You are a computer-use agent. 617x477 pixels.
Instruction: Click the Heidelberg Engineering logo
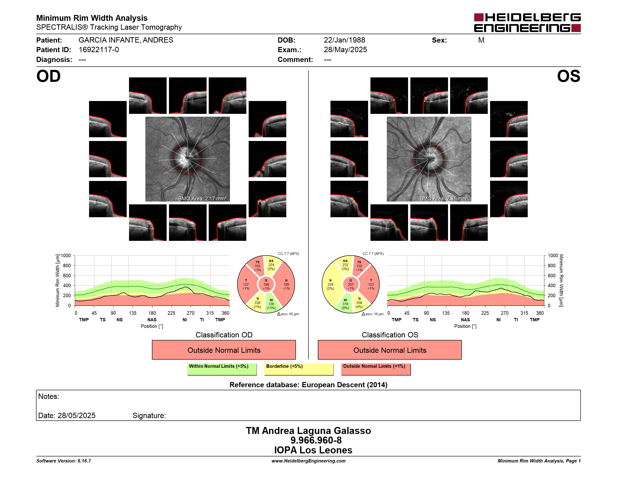527,23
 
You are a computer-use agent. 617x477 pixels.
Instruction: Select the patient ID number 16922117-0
99,50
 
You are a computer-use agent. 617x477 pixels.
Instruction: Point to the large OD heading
48,76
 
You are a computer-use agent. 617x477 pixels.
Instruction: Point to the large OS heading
568,76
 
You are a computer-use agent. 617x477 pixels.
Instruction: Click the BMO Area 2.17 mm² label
202,199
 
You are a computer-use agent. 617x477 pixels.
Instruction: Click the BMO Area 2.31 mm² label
444,199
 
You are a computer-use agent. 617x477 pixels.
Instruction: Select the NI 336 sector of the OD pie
272,304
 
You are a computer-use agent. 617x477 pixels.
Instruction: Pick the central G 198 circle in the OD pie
266,285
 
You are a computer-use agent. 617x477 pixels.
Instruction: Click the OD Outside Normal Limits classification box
224,350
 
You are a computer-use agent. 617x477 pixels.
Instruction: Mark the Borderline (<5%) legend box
299,369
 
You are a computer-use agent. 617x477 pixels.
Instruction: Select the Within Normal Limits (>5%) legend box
222,369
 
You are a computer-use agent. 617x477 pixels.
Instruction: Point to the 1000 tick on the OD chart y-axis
66,256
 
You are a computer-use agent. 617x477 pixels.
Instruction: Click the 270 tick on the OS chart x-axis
505,313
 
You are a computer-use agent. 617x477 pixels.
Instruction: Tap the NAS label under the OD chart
152,320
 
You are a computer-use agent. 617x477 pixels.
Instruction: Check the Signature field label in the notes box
149,416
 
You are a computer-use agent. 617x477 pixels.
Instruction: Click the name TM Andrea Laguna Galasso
308,431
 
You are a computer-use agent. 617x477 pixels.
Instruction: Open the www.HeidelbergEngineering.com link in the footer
308,461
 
